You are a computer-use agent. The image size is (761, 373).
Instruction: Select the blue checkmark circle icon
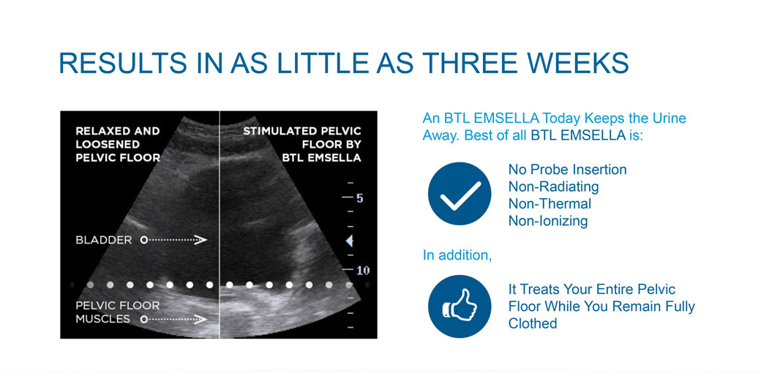click(459, 194)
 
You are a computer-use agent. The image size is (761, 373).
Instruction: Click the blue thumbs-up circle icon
click(459, 306)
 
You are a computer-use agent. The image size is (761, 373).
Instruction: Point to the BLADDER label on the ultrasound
click(103, 240)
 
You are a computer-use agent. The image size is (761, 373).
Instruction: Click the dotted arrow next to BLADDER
click(173, 240)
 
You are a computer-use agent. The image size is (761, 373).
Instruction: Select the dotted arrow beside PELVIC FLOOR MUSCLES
click(173, 319)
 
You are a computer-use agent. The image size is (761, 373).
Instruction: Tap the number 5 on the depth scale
click(359, 198)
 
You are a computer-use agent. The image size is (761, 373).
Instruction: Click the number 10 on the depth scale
click(362, 270)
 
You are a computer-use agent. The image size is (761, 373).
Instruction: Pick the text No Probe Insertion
click(567, 169)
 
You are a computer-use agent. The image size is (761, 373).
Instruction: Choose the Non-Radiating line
click(553, 186)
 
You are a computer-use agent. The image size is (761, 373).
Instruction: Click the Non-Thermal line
click(550, 203)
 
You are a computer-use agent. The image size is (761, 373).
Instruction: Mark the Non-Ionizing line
click(548, 221)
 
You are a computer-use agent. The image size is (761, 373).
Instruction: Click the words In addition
click(457, 255)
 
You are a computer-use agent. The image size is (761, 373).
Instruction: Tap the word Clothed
click(533, 323)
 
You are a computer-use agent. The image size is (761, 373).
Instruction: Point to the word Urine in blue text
click(670, 118)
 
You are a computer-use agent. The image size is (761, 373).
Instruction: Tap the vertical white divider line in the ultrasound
click(220, 225)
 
